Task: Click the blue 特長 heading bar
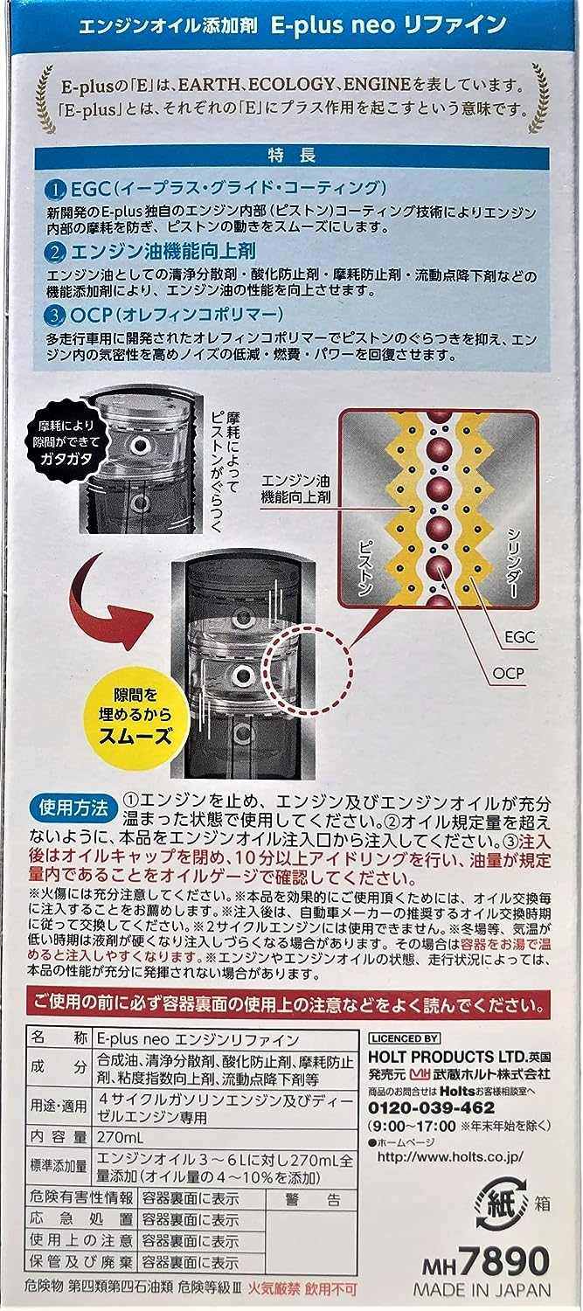[x=292, y=155]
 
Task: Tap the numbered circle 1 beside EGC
[x=57, y=190]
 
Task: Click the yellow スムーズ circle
[x=135, y=715]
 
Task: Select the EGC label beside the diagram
[x=520, y=636]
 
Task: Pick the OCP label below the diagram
[x=508, y=672]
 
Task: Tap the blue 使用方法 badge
[x=73, y=808]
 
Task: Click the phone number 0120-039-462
[x=432, y=1107]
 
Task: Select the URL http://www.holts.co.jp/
[x=449, y=1156]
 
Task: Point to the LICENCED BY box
[x=404, y=1038]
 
